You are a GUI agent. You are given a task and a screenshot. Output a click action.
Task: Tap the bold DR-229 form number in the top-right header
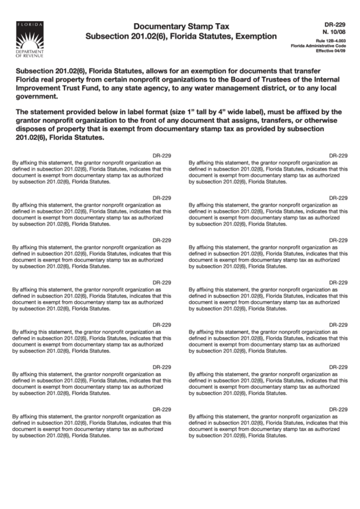click(334, 22)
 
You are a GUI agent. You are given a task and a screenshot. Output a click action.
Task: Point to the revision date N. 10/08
click(334, 31)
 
